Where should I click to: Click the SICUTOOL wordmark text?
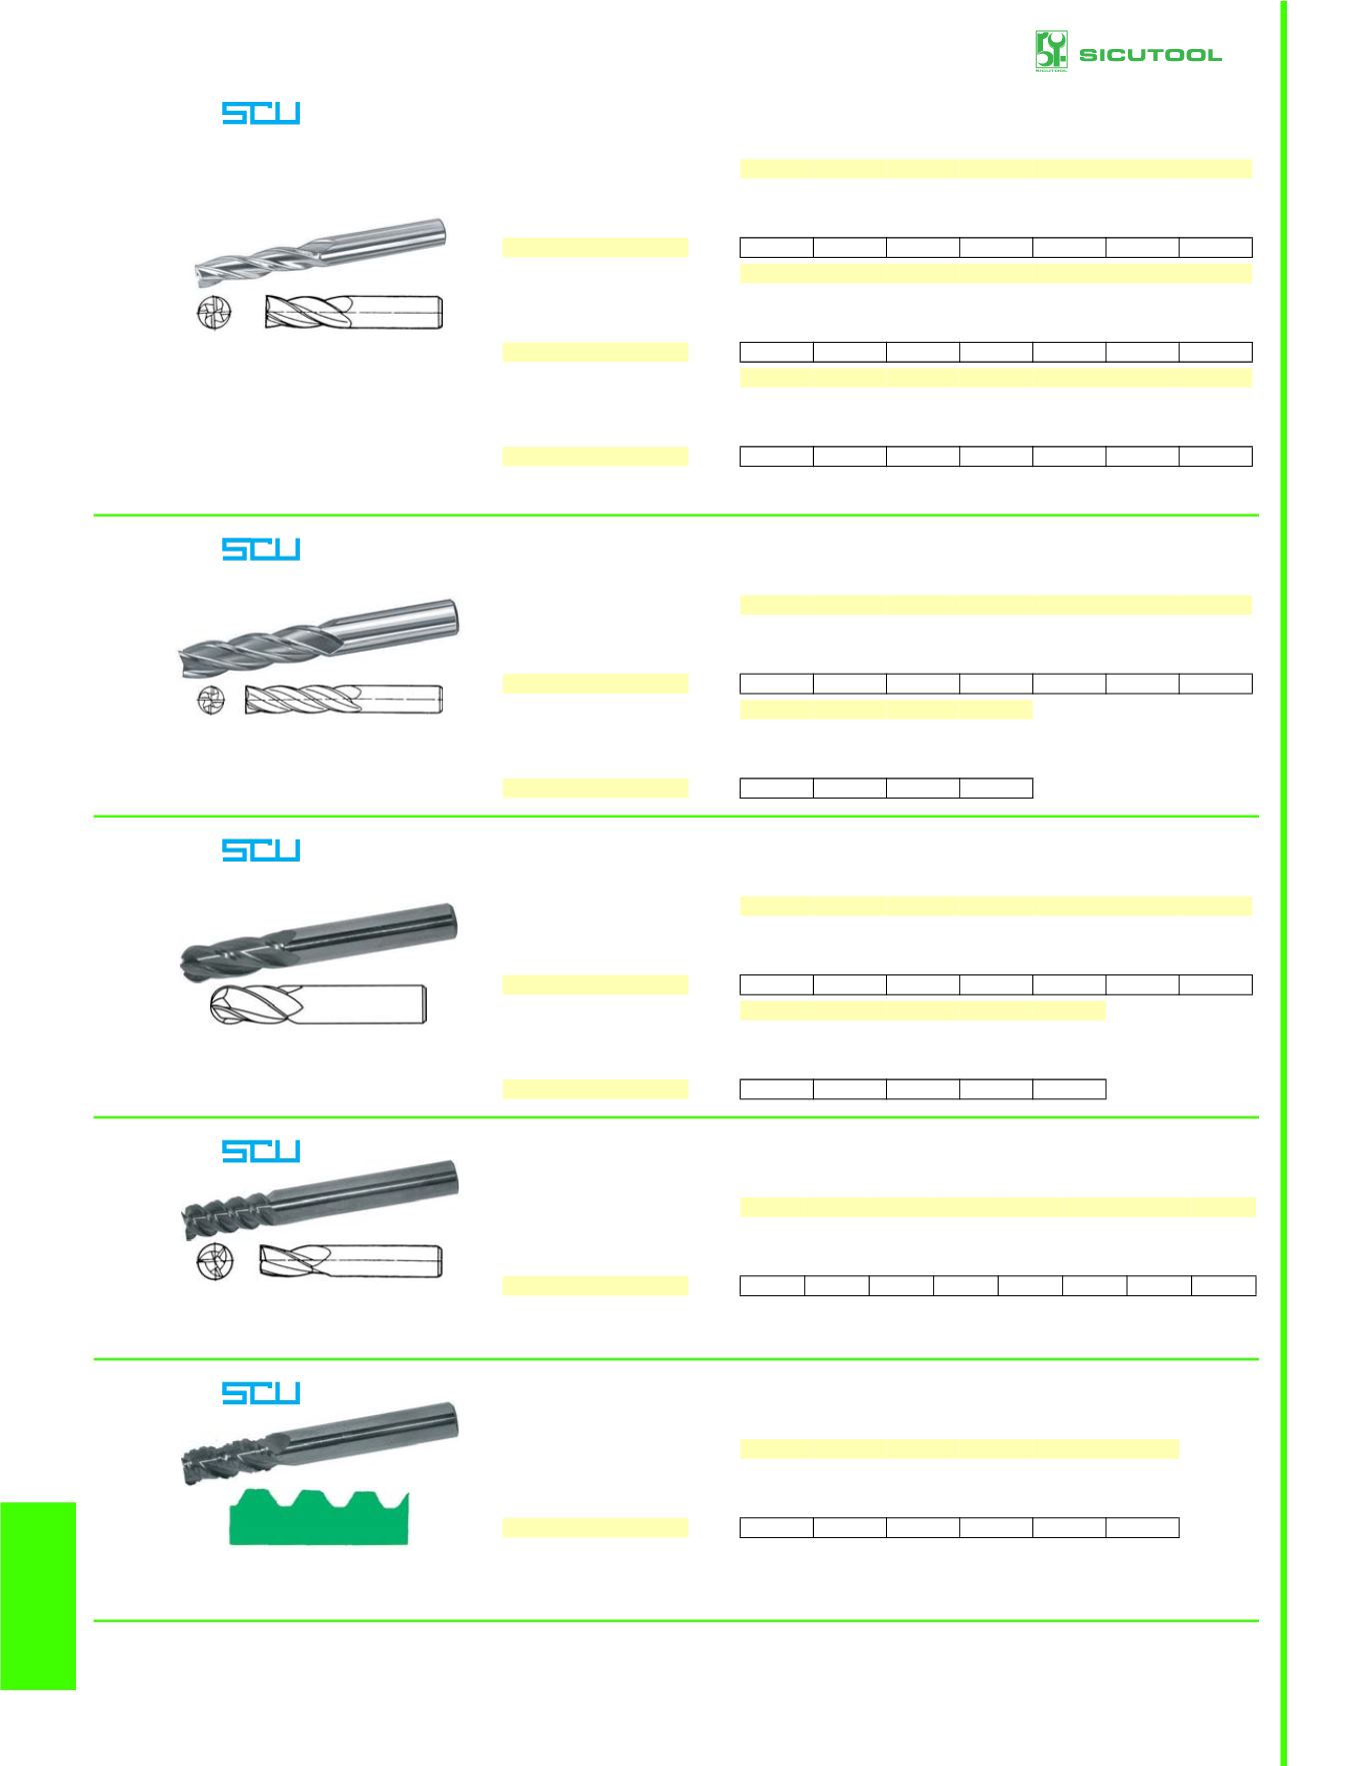[1150, 55]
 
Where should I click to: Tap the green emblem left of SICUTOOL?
[1051, 51]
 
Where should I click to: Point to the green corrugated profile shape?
[319, 1517]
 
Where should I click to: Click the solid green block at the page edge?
[38, 1596]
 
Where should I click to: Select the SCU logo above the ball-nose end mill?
[261, 851]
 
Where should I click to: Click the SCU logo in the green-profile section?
[261, 1393]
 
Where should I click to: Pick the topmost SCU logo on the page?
[261, 113]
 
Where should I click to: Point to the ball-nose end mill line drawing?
[318, 1004]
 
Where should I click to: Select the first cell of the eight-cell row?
[772, 1285]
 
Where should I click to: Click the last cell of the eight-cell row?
[1224, 1285]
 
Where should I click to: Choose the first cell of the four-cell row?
[777, 788]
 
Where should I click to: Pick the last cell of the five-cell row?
[1069, 1089]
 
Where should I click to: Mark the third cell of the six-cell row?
[923, 1527]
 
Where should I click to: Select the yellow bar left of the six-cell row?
[596, 1527]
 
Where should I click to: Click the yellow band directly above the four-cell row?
[886, 710]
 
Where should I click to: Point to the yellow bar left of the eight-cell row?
[596, 1285]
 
